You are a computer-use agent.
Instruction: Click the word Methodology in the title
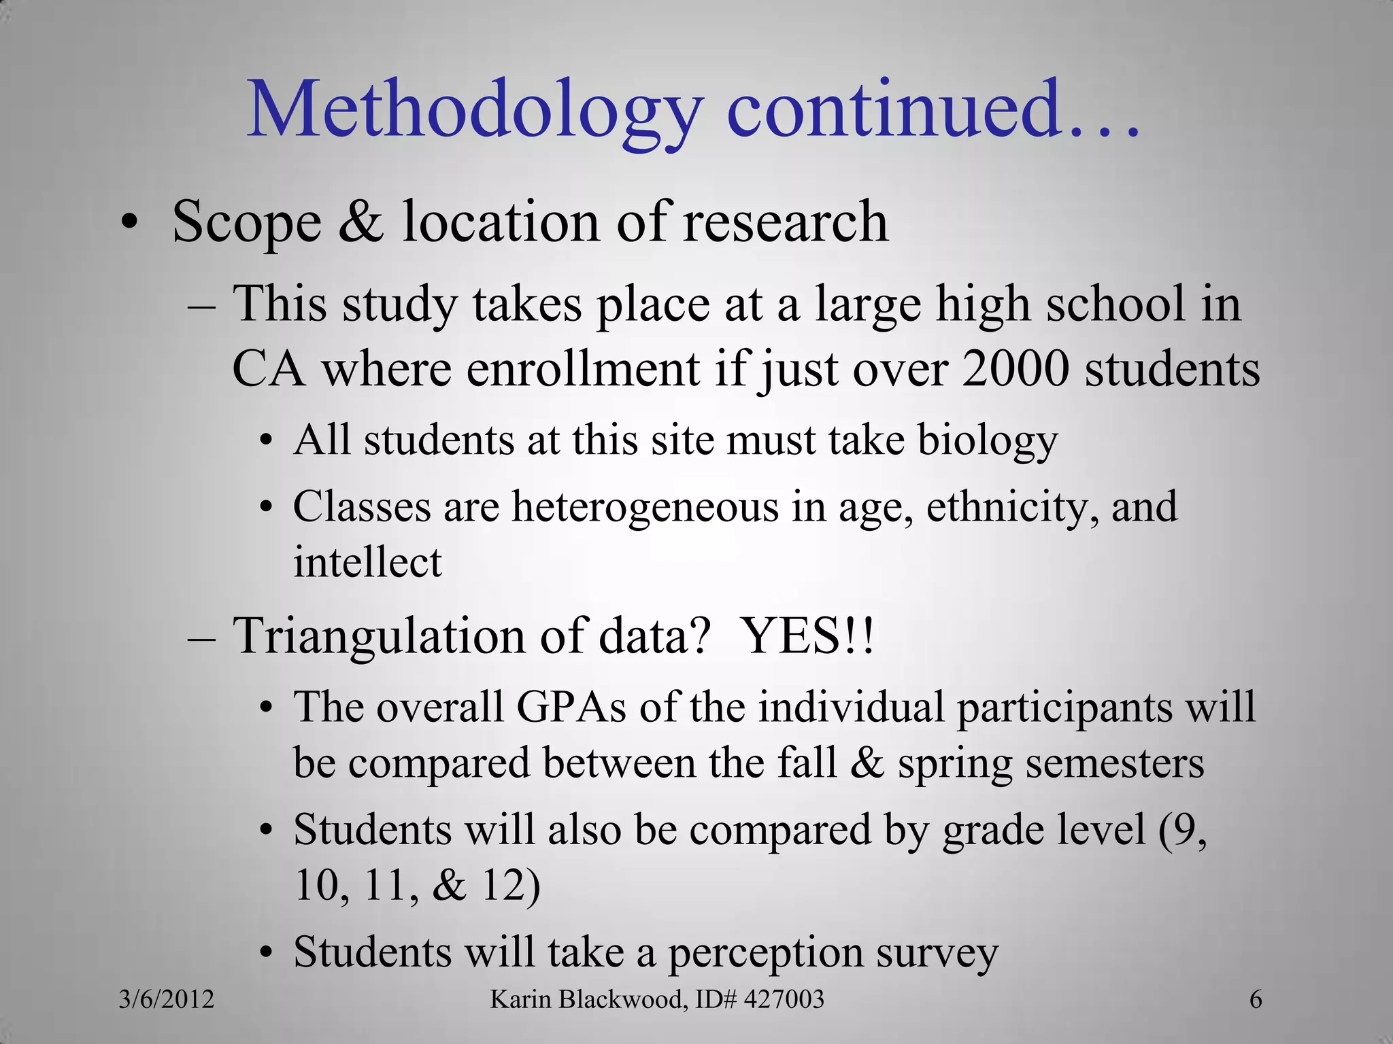click(474, 111)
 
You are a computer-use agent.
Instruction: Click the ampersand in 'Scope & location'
click(360, 222)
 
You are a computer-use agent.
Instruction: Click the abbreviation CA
click(268, 369)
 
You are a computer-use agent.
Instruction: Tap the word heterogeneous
click(645, 507)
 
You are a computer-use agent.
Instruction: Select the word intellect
click(367, 562)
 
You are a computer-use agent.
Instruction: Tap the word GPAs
click(571, 707)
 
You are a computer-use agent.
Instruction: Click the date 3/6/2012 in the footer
click(167, 999)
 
